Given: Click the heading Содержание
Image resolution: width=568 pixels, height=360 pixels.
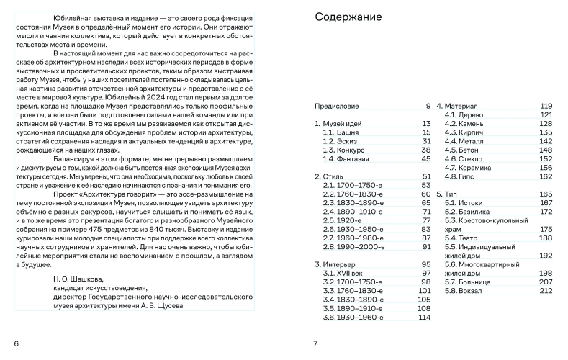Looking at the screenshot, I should tap(348, 17).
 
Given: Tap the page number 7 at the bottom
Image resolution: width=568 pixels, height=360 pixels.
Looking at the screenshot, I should tap(315, 343).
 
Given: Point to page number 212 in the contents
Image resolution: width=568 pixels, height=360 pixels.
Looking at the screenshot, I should tap(546, 291).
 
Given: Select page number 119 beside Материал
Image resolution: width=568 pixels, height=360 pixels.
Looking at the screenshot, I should tap(546, 107).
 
